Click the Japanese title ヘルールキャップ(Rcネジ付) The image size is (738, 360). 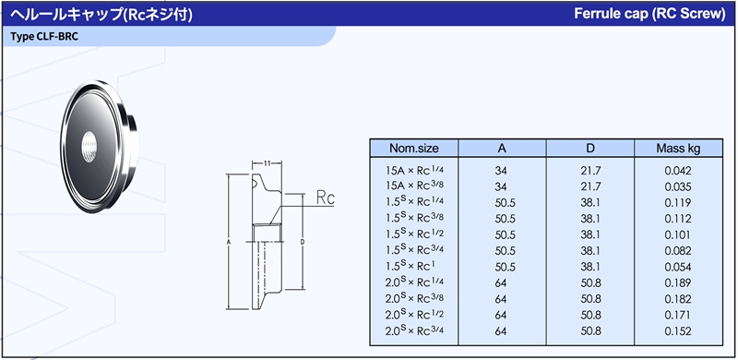pos(101,15)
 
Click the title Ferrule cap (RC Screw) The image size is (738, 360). pos(649,14)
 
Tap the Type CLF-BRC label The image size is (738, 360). pos(44,37)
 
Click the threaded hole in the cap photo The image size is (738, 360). pos(89,146)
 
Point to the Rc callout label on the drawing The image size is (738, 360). pos(326,198)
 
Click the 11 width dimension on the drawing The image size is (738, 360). pos(267,163)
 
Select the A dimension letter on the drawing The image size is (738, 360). pos(228,242)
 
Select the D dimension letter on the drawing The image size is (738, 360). pos(303,242)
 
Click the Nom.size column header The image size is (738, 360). pos(413,148)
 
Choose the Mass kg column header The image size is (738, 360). pos(678,149)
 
